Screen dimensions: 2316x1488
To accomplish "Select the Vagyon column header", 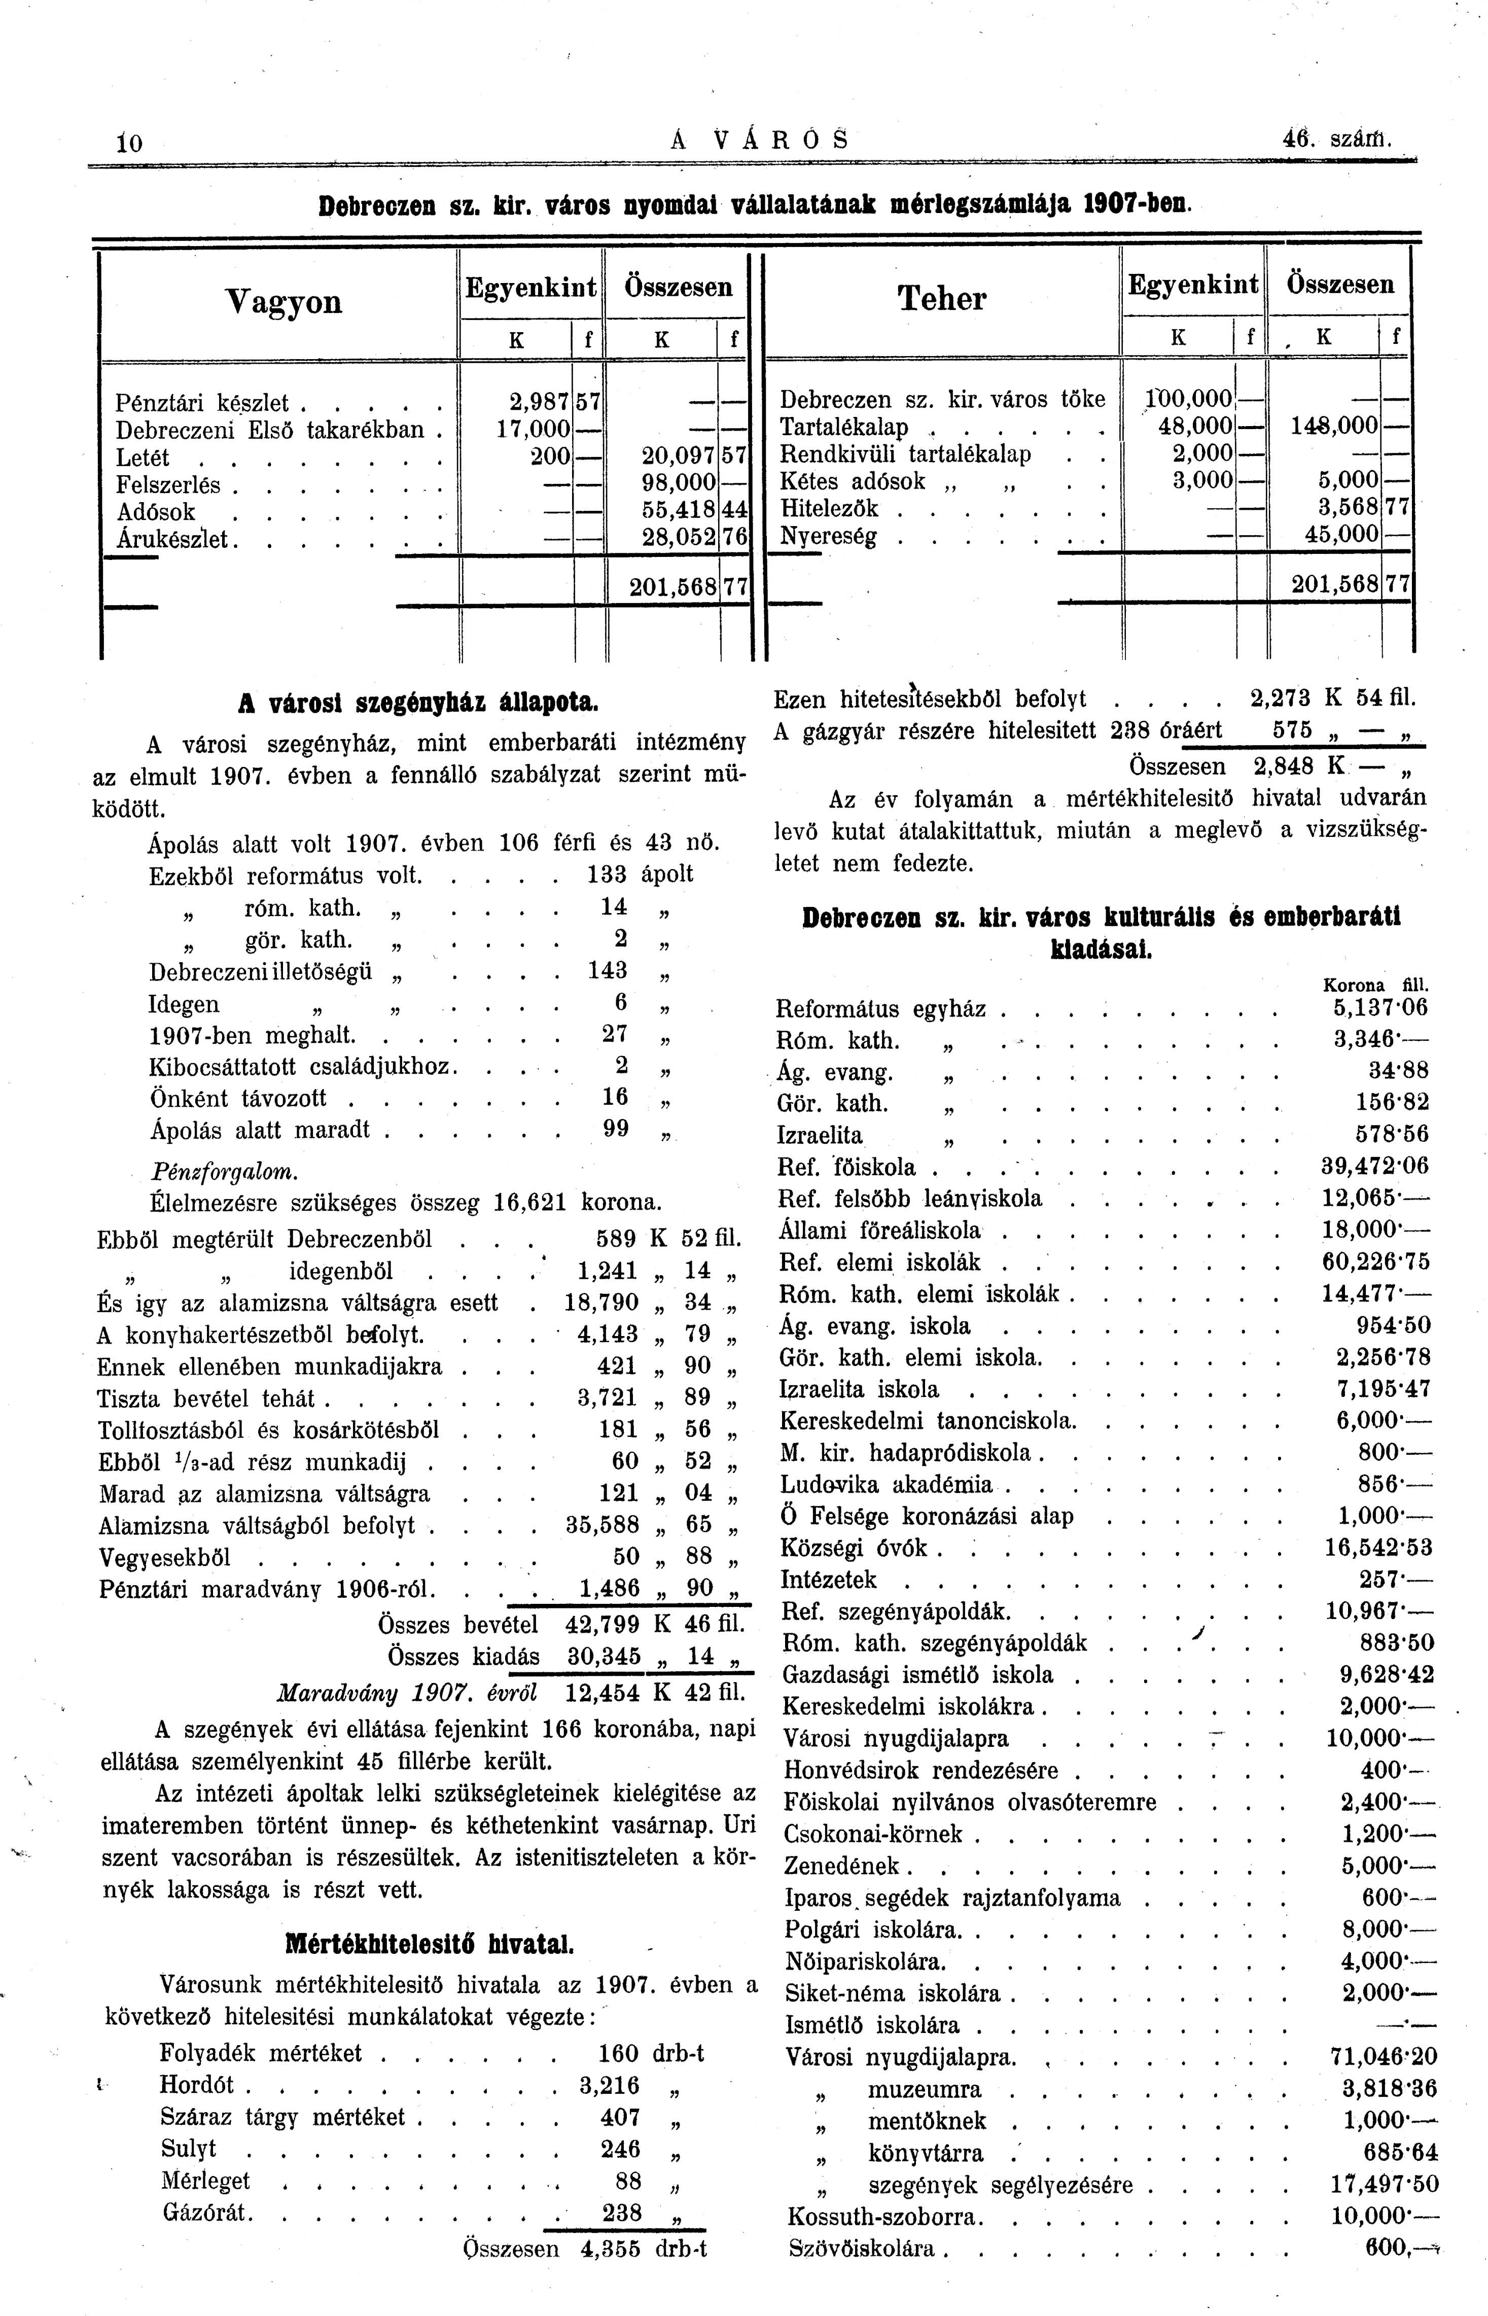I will (283, 302).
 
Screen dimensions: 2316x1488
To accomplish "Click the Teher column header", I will (942, 299).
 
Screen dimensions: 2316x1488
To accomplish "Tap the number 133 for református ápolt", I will (608, 874).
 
